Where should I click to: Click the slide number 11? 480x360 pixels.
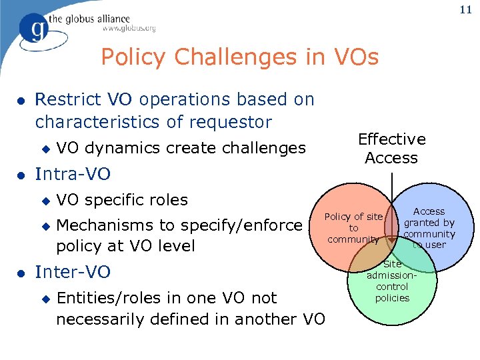click(466, 10)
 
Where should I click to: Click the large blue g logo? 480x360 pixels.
click(35, 29)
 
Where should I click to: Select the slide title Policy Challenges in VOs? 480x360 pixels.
click(239, 57)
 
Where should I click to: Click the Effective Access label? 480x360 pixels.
click(391, 149)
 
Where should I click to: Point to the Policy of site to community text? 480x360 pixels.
click(353, 227)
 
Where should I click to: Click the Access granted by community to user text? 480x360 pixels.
click(429, 227)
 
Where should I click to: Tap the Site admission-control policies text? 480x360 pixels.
click(392, 281)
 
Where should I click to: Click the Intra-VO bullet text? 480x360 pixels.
click(73, 175)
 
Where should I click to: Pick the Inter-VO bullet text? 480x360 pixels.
click(73, 272)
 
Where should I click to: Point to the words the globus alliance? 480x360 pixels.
click(98, 19)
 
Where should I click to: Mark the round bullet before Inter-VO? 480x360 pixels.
click(21, 273)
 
